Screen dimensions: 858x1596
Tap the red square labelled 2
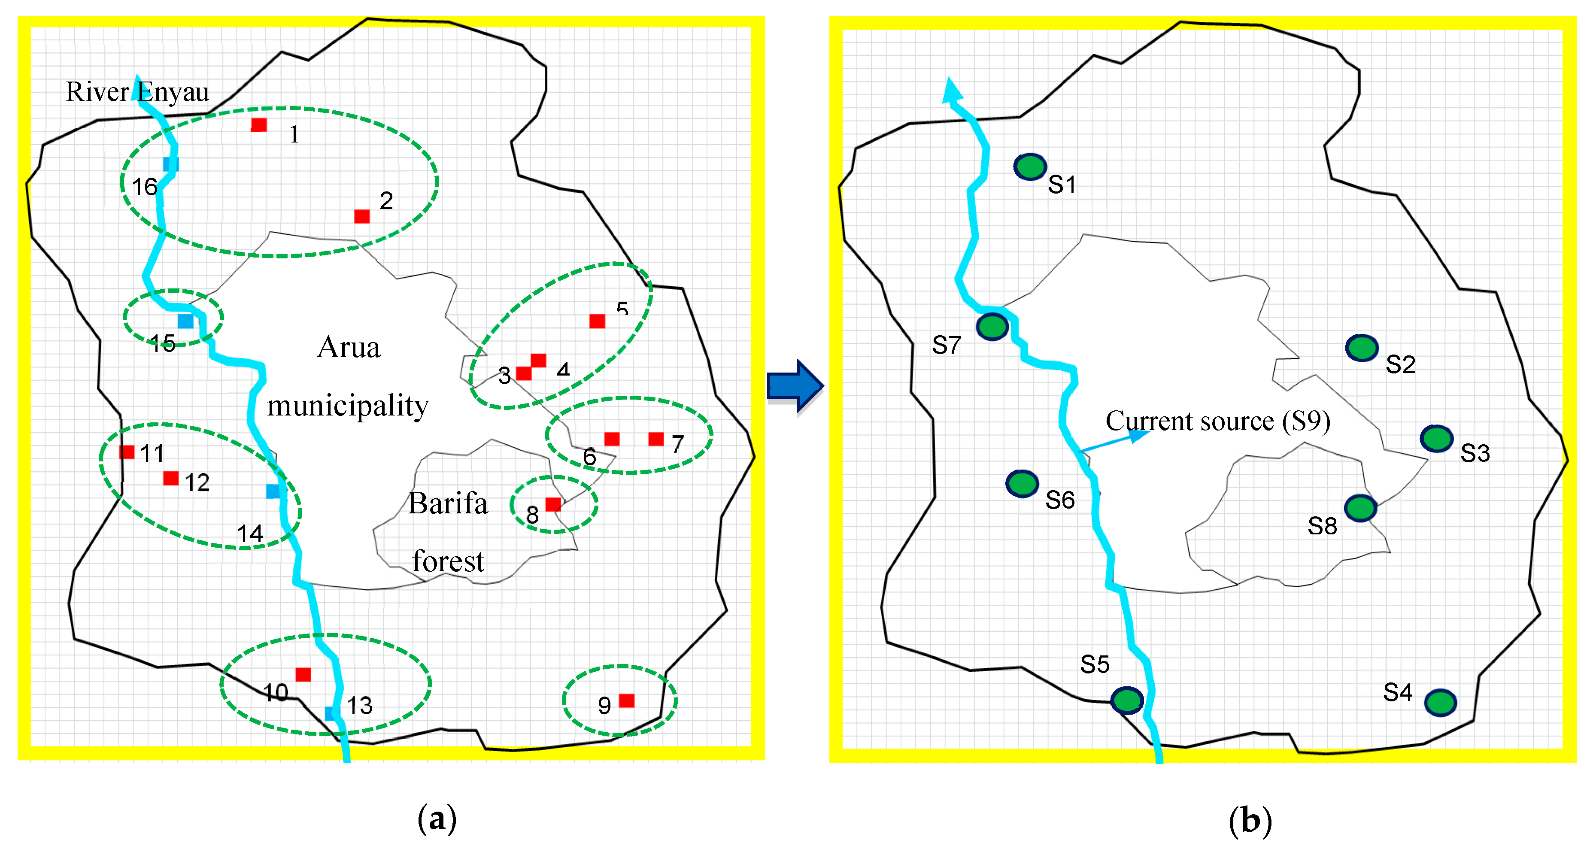click(x=362, y=216)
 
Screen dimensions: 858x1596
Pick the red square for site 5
click(x=597, y=321)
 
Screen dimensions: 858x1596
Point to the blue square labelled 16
click(x=170, y=164)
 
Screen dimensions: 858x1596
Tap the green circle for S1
click(x=1030, y=167)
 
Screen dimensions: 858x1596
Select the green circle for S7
click(x=992, y=327)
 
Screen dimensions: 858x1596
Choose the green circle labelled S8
click(x=1361, y=508)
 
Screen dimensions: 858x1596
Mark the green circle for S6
click(x=1022, y=484)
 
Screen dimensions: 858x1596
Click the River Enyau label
click(x=137, y=92)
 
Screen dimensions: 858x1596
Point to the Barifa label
click(x=447, y=503)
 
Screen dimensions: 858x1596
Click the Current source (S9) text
click(x=1217, y=421)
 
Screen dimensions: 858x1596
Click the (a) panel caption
click(x=437, y=819)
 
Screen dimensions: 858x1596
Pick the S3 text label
click(x=1475, y=453)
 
